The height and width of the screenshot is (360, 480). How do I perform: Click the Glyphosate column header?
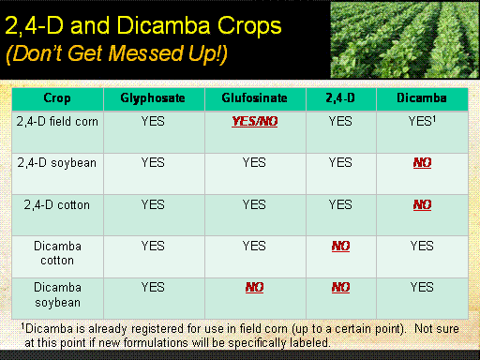tap(153, 98)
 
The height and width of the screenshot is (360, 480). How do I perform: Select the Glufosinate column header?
tap(254, 98)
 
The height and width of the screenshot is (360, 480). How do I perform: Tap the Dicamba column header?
tap(422, 98)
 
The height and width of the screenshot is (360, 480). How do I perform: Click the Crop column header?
tap(57, 98)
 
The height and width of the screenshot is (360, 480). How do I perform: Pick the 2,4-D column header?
tap(340, 98)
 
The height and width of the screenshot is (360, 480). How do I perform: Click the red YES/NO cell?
tap(255, 121)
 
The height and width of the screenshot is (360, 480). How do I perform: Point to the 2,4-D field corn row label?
tap(57, 121)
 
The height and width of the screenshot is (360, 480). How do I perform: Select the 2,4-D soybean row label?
tap(57, 163)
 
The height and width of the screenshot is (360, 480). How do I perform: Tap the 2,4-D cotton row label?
tap(57, 204)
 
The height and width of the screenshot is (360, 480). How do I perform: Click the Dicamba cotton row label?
tap(57, 253)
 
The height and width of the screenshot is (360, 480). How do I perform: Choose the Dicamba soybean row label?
tap(57, 294)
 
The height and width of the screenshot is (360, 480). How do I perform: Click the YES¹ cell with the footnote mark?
tap(422, 121)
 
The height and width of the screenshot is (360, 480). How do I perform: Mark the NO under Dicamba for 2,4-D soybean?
tap(422, 162)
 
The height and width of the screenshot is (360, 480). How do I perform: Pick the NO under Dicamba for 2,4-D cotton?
tap(422, 204)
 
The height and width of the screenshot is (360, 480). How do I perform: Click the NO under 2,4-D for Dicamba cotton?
tap(340, 246)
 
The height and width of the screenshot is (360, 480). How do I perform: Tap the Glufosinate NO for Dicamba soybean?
tap(254, 287)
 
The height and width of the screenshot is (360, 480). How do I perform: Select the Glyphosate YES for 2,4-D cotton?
tap(153, 204)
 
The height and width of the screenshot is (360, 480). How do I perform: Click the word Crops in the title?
tap(249, 25)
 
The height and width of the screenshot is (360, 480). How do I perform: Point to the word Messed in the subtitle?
tap(145, 53)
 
